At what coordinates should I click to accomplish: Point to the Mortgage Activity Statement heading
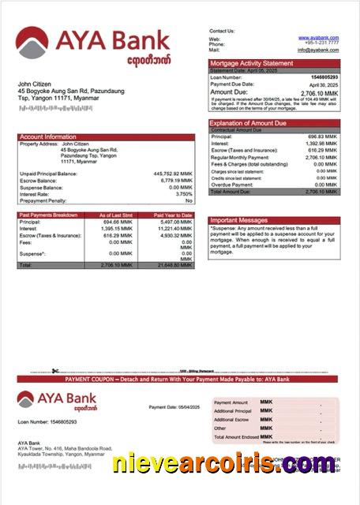[x=250, y=63]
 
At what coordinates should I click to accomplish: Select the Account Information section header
[x=47, y=137]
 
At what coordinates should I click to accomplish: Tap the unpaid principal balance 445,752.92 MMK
[x=172, y=173]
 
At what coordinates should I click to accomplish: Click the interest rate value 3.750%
[x=183, y=193]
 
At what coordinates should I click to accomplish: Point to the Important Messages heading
[x=239, y=220]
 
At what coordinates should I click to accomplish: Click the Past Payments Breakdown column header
[x=48, y=215]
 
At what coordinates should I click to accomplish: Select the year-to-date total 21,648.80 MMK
[x=174, y=265]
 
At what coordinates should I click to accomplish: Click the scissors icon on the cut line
[x=55, y=371]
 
